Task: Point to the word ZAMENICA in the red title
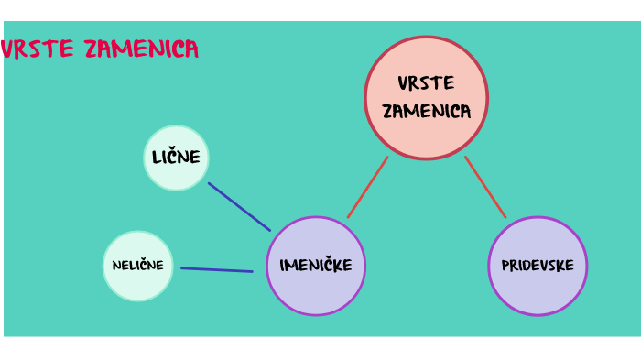pyautogui.click(x=140, y=49)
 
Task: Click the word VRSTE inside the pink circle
pyautogui.click(x=426, y=83)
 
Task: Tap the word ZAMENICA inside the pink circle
pyautogui.click(x=426, y=112)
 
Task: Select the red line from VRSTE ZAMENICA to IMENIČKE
pyautogui.click(x=367, y=187)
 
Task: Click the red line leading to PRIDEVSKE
pyautogui.click(x=485, y=187)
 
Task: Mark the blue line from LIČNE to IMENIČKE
pyautogui.click(x=239, y=206)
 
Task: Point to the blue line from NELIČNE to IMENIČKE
pyautogui.click(x=217, y=269)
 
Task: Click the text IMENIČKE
pyautogui.click(x=316, y=267)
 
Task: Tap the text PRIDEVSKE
pyautogui.click(x=538, y=267)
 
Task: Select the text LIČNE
pyautogui.click(x=176, y=158)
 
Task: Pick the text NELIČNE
pyautogui.click(x=138, y=266)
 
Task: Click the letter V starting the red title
pyautogui.click(x=7, y=49)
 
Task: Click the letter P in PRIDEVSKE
pyautogui.click(x=505, y=267)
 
